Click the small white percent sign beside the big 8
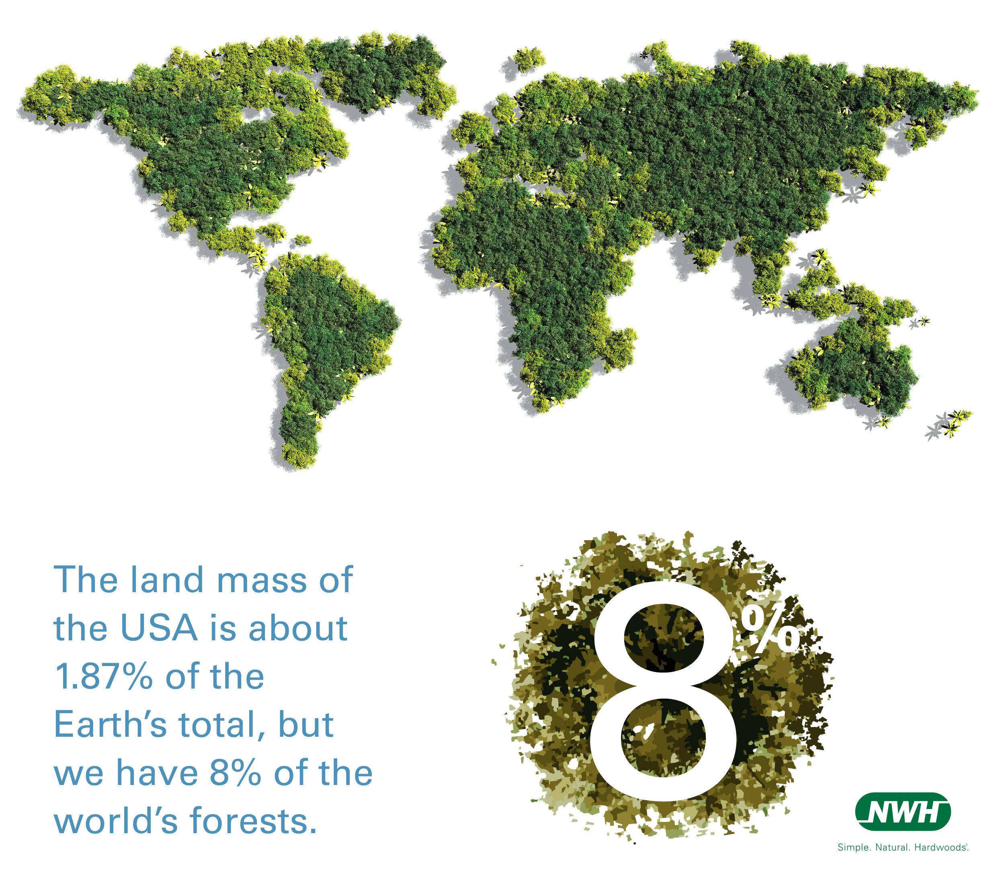(769, 631)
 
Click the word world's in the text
(116, 821)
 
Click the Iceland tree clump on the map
(528, 59)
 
